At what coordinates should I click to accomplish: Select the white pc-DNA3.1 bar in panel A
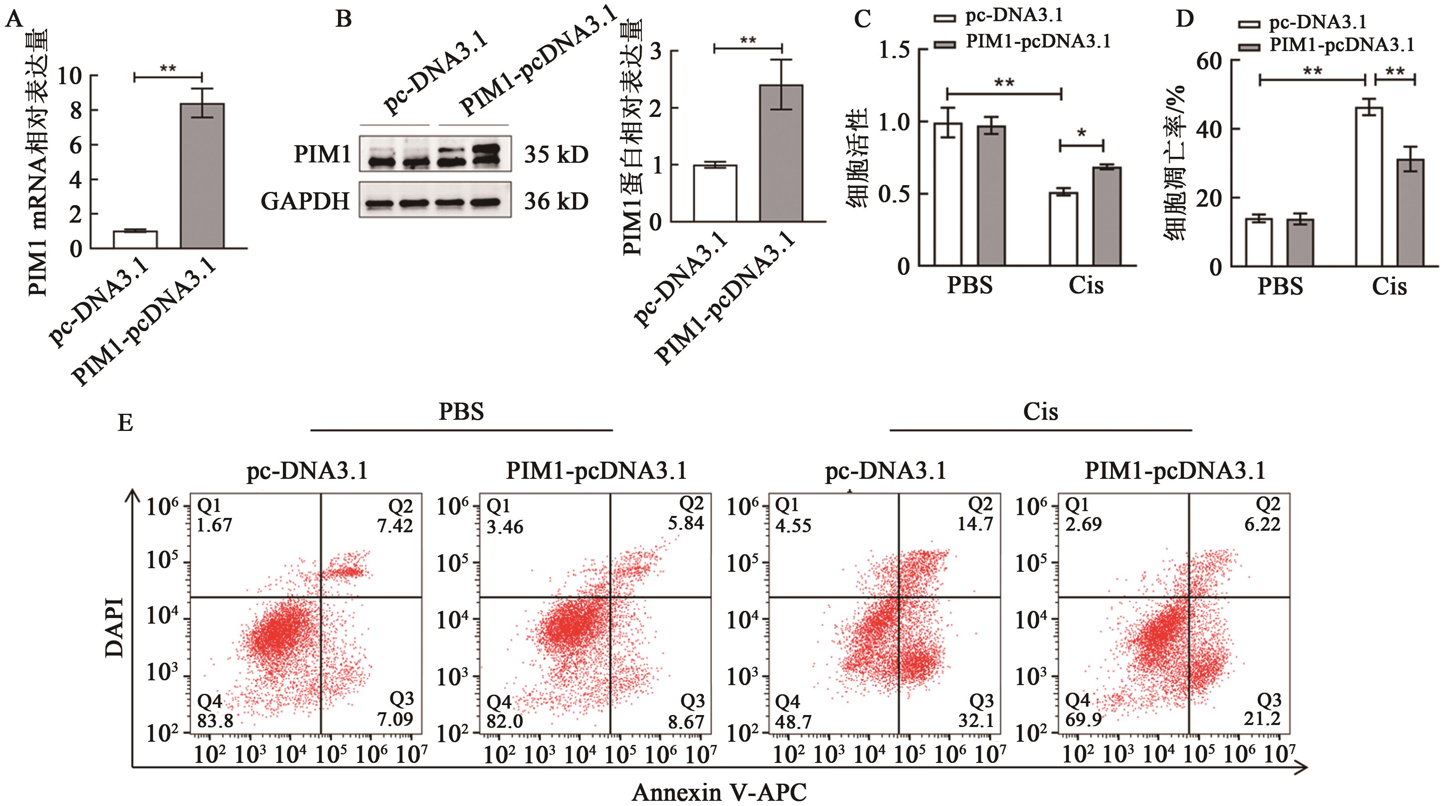tap(135, 239)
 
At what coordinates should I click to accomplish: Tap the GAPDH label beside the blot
tap(305, 201)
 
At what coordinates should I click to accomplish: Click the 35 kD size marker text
tap(556, 154)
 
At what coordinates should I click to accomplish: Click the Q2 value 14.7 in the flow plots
tap(975, 524)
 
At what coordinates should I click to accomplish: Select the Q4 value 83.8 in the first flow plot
tap(215, 720)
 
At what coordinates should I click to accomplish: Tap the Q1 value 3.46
tap(505, 527)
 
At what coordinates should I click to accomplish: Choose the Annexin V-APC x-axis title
tap(719, 792)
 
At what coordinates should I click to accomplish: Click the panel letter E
tap(125, 422)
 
